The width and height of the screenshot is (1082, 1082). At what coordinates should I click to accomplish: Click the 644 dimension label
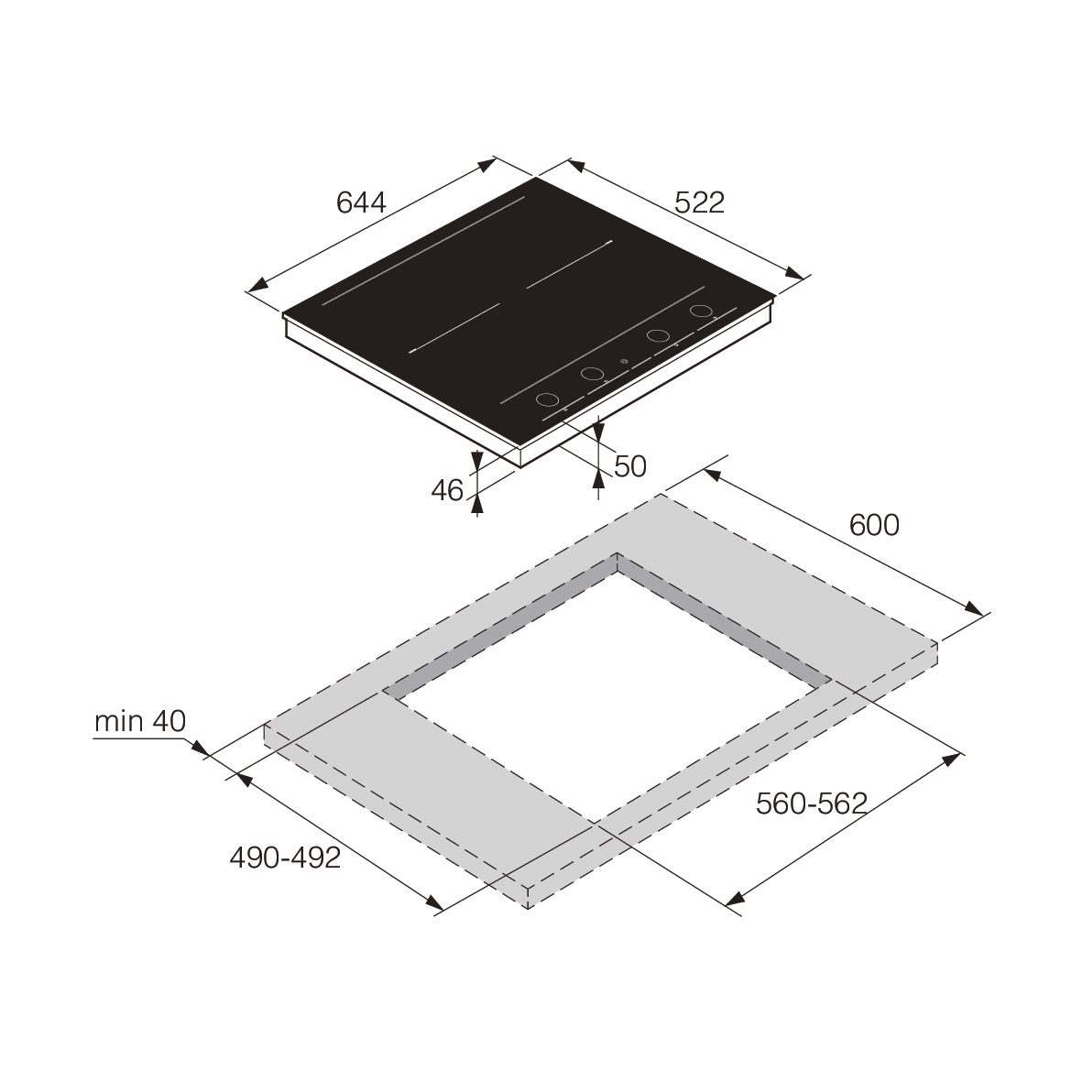click(x=362, y=202)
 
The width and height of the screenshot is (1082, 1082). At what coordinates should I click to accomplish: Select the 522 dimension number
click(x=700, y=202)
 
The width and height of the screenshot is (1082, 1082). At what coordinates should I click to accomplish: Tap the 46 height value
click(x=447, y=491)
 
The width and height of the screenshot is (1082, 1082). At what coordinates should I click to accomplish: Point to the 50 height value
click(x=630, y=466)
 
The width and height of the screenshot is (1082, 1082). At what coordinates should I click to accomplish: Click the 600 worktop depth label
click(x=874, y=525)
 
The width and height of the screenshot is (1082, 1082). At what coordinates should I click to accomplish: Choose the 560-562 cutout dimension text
click(x=811, y=803)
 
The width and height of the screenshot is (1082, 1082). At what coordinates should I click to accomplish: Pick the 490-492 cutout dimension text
click(x=284, y=858)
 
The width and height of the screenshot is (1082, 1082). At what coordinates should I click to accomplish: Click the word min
click(x=118, y=722)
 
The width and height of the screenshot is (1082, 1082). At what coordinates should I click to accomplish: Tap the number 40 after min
click(x=169, y=722)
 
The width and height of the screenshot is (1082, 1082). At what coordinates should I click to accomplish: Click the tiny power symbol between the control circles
click(x=624, y=362)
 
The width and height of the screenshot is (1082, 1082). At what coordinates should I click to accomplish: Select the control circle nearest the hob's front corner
click(x=547, y=399)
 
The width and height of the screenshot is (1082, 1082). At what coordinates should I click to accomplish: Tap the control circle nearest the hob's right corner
click(x=701, y=311)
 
